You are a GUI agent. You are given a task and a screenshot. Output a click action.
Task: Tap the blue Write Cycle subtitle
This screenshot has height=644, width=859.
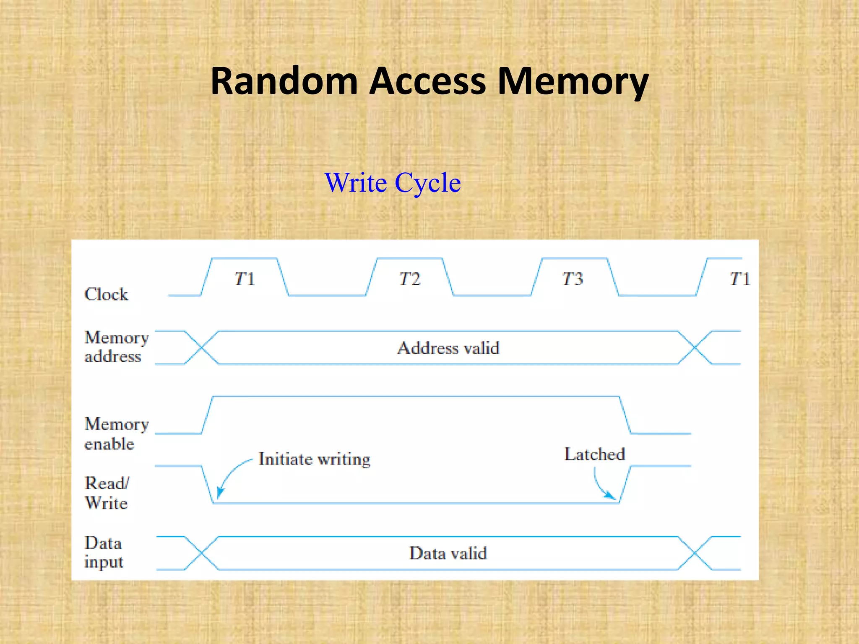pyautogui.click(x=393, y=183)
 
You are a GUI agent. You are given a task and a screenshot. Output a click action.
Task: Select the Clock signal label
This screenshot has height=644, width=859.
pyautogui.click(x=106, y=294)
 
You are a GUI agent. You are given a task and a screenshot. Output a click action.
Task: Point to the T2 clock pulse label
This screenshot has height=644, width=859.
pyautogui.click(x=410, y=279)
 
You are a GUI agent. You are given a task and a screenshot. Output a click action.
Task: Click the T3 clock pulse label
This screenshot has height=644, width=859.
pyautogui.click(x=573, y=279)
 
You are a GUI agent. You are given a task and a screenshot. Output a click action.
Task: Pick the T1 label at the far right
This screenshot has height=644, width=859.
pyautogui.click(x=739, y=279)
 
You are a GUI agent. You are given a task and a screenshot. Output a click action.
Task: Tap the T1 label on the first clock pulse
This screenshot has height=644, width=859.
pyautogui.click(x=245, y=279)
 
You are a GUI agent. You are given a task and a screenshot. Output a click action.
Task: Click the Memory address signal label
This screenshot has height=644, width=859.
pyautogui.click(x=116, y=347)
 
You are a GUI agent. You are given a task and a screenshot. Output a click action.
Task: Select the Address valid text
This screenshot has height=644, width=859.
pyautogui.click(x=448, y=348)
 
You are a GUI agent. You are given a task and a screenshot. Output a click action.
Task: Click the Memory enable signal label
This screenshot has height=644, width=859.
pyautogui.click(x=116, y=434)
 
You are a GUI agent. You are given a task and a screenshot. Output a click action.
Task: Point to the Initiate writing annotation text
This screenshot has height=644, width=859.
pyautogui.click(x=314, y=459)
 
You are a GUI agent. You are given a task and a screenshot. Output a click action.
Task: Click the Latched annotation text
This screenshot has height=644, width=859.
pyautogui.click(x=594, y=454)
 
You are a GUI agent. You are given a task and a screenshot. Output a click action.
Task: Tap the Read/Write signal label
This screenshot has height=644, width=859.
pyautogui.click(x=107, y=493)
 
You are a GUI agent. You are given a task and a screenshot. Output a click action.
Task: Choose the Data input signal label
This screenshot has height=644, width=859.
pyautogui.click(x=104, y=552)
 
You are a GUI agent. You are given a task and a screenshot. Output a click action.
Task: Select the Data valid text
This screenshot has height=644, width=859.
pyautogui.click(x=448, y=553)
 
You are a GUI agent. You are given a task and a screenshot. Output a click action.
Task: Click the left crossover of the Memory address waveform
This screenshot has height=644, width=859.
pyautogui.click(x=201, y=348)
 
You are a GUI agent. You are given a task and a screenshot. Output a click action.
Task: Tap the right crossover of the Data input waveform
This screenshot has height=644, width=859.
pyautogui.click(x=695, y=553)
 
